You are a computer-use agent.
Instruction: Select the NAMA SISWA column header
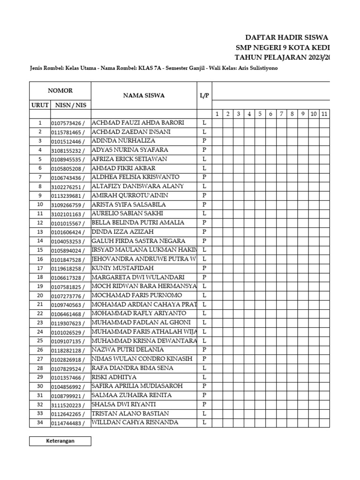pos(143,96)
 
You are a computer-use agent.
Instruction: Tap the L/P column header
pos(204,96)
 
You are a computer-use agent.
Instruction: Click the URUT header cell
pos(40,105)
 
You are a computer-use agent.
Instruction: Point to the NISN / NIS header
pos(70,105)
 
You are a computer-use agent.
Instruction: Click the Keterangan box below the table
pos(60,441)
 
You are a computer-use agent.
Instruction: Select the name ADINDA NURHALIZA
pos(123,141)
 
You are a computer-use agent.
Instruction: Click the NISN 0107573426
pos(68,123)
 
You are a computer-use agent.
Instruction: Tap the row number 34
pos(40,423)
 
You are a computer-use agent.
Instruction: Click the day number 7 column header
pos(281,114)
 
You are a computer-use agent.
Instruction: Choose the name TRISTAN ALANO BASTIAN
pos(130,413)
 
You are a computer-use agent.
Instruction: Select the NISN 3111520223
pos(68,405)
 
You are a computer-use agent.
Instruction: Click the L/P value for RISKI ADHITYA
pos(204,377)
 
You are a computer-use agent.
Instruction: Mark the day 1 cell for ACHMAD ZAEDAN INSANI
pos(217,132)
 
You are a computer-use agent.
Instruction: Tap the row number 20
pos(40,295)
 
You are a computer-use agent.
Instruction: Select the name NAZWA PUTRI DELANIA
pos(128,350)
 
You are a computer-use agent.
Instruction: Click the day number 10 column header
pos(314,114)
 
